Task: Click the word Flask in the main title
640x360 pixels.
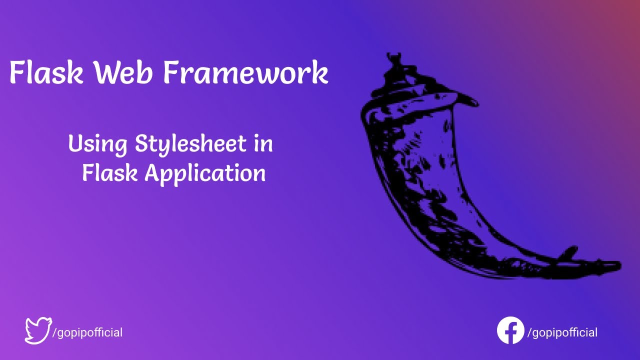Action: click(46, 73)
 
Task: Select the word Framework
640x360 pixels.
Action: click(245, 73)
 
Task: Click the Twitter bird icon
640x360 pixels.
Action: click(38, 330)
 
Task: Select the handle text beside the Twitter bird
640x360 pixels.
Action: click(87, 332)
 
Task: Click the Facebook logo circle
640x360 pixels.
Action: click(510, 330)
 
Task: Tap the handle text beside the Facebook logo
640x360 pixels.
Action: click(562, 332)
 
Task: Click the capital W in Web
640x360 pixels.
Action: click(106, 73)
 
